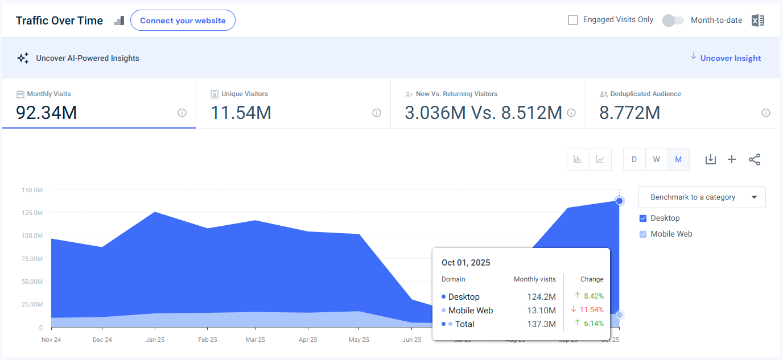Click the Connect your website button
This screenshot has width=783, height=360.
[x=183, y=20]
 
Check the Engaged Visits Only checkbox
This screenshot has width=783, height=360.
[x=573, y=20]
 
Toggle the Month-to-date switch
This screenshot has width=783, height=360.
[x=673, y=20]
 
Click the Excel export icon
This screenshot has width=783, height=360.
[x=757, y=20]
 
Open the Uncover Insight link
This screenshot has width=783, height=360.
[x=730, y=58]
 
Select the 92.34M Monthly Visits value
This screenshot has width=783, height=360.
[x=47, y=113]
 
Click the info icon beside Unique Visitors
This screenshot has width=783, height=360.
[x=376, y=113]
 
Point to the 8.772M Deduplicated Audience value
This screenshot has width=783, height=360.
[x=630, y=113]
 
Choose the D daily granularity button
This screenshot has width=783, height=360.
[x=634, y=159]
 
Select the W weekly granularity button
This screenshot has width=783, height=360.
[x=656, y=159]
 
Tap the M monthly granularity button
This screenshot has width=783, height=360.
[x=678, y=159]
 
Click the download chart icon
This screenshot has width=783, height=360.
[x=710, y=159]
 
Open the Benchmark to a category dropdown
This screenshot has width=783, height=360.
[x=702, y=197]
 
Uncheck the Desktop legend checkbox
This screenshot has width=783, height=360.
[x=643, y=218]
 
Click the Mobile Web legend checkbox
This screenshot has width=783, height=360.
[x=643, y=234]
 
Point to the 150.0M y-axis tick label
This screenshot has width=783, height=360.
[x=32, y=190]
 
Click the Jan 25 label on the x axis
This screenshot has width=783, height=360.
[x=155, y=340]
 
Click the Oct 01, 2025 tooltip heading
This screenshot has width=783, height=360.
[x=465, y=263]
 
